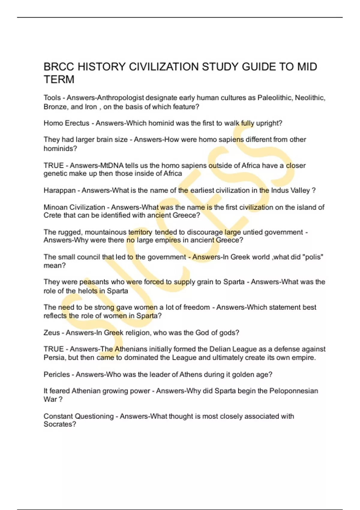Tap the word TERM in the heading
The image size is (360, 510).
pyautogui.click(x=59, y=79)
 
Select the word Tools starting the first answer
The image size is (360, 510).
pyautogui.click(x=52, y=98)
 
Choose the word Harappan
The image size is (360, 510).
pyautogui.click(x=59, y=190)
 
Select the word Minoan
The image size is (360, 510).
pyautogui.click(x=55, y=207)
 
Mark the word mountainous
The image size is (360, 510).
pyautogui.click(x=106, y=232)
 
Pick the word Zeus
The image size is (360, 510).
pyautogui.click(x=52, y=333)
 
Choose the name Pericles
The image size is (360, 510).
pyautogui.click(x=56, y=374)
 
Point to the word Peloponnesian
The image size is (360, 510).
pyautogui.click(x=293, y=391)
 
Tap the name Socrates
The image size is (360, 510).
pyautogui.click(x=59, y=424)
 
